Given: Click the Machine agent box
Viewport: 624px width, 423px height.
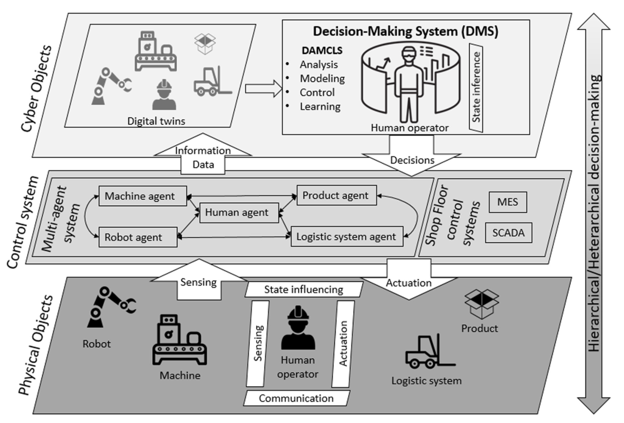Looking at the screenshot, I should tap(143, 196).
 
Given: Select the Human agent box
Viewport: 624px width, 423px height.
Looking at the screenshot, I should tap(239, 213).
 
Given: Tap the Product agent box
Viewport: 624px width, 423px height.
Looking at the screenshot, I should tap(336, 196).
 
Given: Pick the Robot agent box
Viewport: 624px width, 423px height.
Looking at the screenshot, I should tap(138, 237).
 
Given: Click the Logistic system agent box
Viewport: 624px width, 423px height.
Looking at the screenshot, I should tap(347, 236).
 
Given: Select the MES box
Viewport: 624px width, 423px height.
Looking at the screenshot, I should tap(507, 202).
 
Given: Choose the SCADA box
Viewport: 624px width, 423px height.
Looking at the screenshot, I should tap(508, 233).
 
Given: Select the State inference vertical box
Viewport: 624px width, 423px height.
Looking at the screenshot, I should tap(476, 87).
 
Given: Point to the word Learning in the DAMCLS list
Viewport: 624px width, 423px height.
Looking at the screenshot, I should tap(320, 107).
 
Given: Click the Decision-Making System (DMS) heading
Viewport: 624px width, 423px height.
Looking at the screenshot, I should tap(405, 31).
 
